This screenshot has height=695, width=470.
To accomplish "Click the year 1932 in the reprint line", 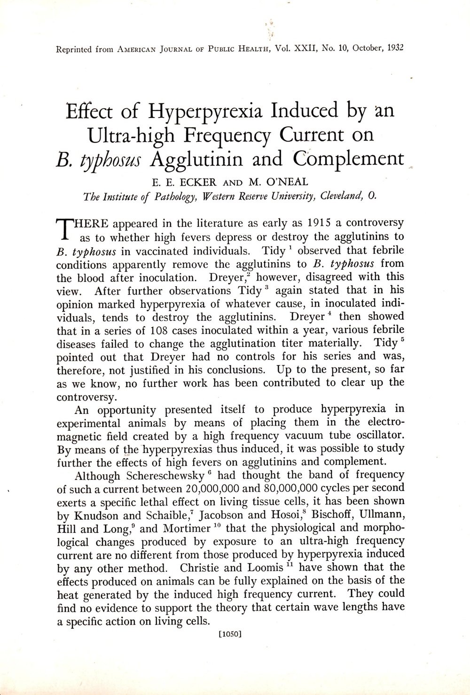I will click(394, 48).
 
